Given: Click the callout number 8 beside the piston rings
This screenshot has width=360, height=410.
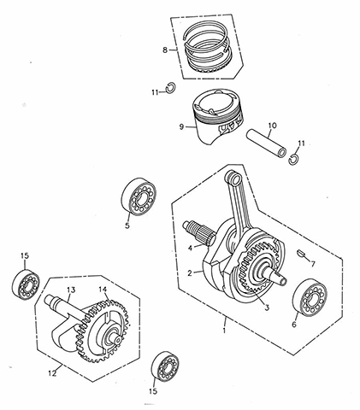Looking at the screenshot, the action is [x=165, y=50].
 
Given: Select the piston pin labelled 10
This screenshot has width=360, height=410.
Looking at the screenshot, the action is [x=266, y=143].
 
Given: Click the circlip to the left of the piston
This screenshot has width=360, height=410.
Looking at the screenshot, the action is [x=171, y=87].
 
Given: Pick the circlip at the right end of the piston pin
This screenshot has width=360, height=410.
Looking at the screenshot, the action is [x=293, y=159].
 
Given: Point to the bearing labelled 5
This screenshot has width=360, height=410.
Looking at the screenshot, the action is [x=139, y=196].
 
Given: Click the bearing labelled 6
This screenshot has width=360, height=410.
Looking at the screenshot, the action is [x=310, y=299].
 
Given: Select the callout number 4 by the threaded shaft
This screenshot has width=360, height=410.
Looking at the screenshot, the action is [x=190, y=248].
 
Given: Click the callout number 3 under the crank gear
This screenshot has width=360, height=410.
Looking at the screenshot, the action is [x=267, y=307].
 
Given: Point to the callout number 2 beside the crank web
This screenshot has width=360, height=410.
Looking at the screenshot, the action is [x=190, y=273].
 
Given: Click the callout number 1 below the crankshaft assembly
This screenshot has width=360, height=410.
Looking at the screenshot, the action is [x=224, y=331].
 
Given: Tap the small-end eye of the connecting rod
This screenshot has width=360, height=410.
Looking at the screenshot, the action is [x=234, y=179].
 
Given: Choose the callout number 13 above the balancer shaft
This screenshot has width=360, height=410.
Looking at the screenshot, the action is [x=71, y=290].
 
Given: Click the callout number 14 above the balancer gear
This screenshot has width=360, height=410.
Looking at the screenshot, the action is [x=103, y=290].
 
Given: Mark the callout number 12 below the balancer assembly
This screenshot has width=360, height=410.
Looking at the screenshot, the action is [x=52, y=373].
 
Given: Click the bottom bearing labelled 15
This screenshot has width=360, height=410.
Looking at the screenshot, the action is [x=165, y=366].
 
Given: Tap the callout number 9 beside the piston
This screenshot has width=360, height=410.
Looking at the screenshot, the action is [x=181, y=126].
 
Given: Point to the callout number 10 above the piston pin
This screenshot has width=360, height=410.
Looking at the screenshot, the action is [x=272, y=126].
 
